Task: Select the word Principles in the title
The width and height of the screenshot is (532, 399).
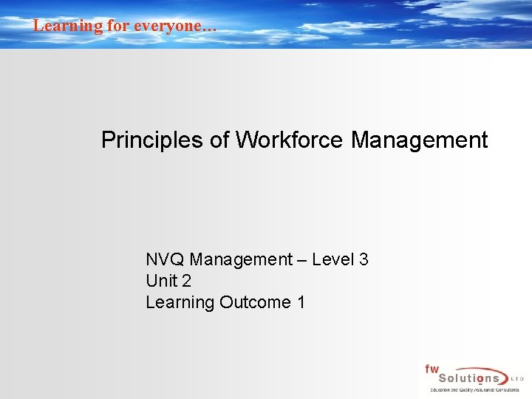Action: click(153, 140)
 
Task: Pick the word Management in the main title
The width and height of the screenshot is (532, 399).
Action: click(420, 140)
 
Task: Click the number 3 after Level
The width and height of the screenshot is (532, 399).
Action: click(364, 259)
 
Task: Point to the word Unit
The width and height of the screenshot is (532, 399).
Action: click(160, 281)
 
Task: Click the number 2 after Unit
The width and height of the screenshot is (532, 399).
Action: click(186, 281)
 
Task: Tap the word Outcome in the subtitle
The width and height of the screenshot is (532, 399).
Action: click(255, 302)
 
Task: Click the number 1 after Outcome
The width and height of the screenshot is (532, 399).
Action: click(301, 302)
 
